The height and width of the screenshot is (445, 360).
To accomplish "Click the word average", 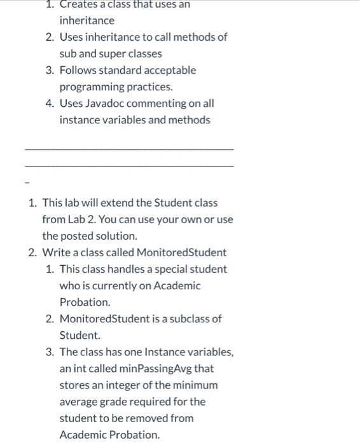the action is [x=78, y=402].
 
